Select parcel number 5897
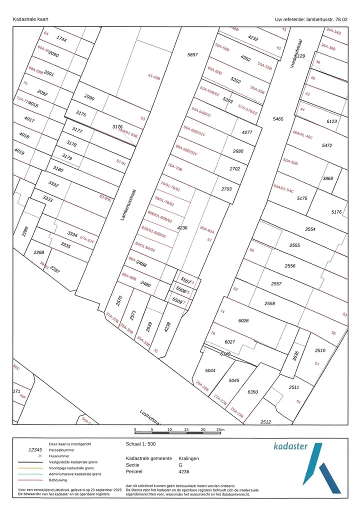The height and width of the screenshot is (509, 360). point(192,54)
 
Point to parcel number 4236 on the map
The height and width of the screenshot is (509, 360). point(182,228)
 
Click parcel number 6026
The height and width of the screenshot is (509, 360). point(243,320)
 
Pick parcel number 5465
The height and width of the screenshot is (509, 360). point(277,119)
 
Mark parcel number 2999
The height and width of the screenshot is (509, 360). point(89,97)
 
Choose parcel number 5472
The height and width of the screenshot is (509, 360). point(327,145)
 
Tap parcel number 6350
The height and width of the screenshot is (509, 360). point(252,392)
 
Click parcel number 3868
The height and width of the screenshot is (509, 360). point(327,178)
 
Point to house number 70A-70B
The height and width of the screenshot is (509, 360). point(175,167)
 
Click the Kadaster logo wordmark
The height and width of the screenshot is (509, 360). point(290,446)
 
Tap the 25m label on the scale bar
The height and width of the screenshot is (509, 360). point(220,430)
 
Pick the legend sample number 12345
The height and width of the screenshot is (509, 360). point(38,450)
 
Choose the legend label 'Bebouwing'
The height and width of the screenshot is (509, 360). point(58,480)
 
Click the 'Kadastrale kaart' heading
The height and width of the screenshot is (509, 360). point(30,19)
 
